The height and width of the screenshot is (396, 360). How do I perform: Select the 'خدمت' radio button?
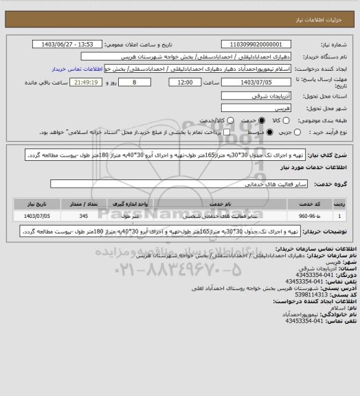(253, 121)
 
